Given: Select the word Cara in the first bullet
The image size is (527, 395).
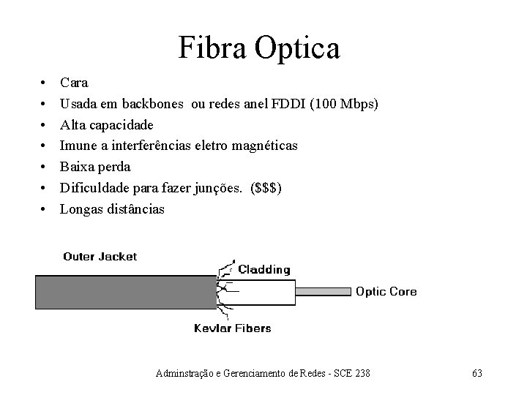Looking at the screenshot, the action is (x=74, y=83).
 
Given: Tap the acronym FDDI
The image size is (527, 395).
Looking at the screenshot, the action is (x=290, y=104).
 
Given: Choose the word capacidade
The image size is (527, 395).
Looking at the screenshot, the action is (x=127, y=125).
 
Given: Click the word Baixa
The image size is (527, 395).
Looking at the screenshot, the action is (x=78, y=167).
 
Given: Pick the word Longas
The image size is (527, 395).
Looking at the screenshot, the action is (x=81, y=209).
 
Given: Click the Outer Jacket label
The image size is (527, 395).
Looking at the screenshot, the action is (x=100, y=257).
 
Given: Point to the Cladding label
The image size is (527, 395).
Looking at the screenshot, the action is (x=263, y=270).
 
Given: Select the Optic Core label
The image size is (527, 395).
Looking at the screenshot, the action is (x=386, y=291).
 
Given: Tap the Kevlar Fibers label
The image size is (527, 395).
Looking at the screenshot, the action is (x=232, y=328).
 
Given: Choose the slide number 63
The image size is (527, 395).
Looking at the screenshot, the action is (x=476, y=374).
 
